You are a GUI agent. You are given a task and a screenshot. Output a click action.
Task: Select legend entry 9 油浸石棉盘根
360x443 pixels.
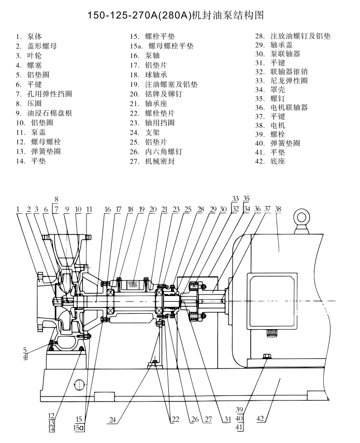point(44,113)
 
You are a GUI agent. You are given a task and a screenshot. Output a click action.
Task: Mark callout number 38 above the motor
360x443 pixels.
point(278,209)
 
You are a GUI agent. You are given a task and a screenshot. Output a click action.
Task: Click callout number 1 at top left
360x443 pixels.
point(18,210)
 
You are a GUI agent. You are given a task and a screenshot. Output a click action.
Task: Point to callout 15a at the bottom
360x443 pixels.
point(80,429)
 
